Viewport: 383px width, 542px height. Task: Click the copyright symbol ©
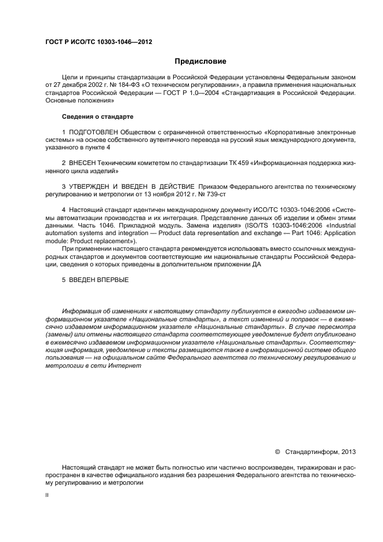click(277, 451)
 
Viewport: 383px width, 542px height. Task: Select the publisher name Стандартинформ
click(313, 451)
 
